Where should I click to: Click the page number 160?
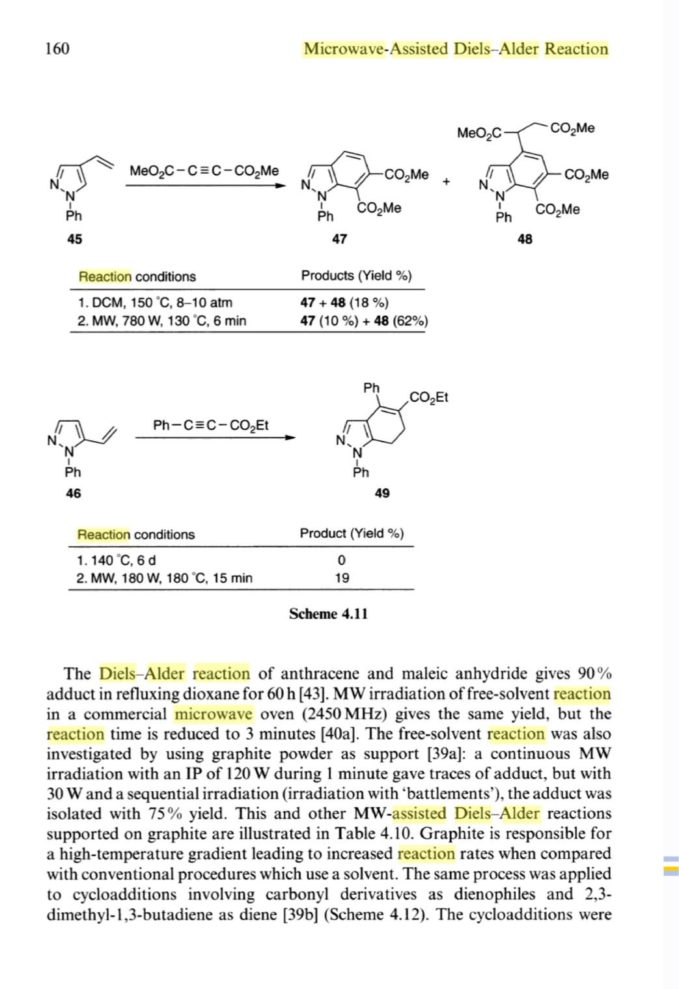pyautogui.click(x=57, y=49)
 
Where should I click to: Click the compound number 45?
pyautogui.click(x=75, y=239)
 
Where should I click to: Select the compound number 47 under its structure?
pyautogui.click(x=339, y=239)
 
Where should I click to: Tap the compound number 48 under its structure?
pyautogui.click(x=525, y=239)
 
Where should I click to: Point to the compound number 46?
pyautogui.click(x=74, y=493)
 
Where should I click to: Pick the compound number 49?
pyautogui.click(x=382, y=493)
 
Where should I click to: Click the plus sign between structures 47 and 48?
pyautogui.click(x=446, y=182)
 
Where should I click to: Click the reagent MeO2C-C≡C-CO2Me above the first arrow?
pyautogui.click(x=204, y=171)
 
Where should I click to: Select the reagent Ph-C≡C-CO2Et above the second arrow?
pyautogui.click(x=211, y=425)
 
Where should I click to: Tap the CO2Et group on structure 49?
pyautogui.click(x=429, y=397)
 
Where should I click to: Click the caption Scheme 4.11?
pyautogui.click(x=328, y=613)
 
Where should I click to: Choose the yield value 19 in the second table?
pyautogui.click(x=342, y=578)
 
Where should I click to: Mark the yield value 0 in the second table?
pyautogui.click(x=342, y=560)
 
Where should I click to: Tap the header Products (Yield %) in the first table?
pyautogui.click(x=356, y=275)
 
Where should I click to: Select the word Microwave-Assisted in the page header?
pyautogui.click(x=376, y=49)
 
